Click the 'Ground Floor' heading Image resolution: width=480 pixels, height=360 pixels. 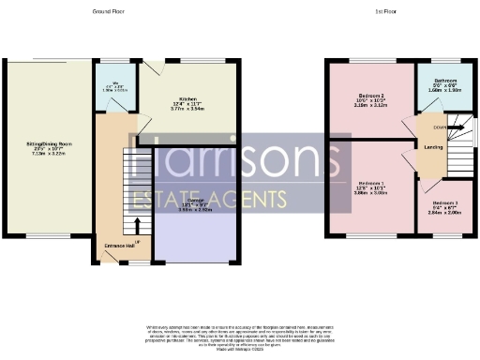click(109, 11)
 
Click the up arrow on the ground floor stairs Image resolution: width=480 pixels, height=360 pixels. click(139, 226)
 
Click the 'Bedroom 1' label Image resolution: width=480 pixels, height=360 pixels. click(370, 182)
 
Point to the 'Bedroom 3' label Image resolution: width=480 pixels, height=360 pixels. click(446, 202)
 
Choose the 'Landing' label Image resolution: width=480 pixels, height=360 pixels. click(433, 146)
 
